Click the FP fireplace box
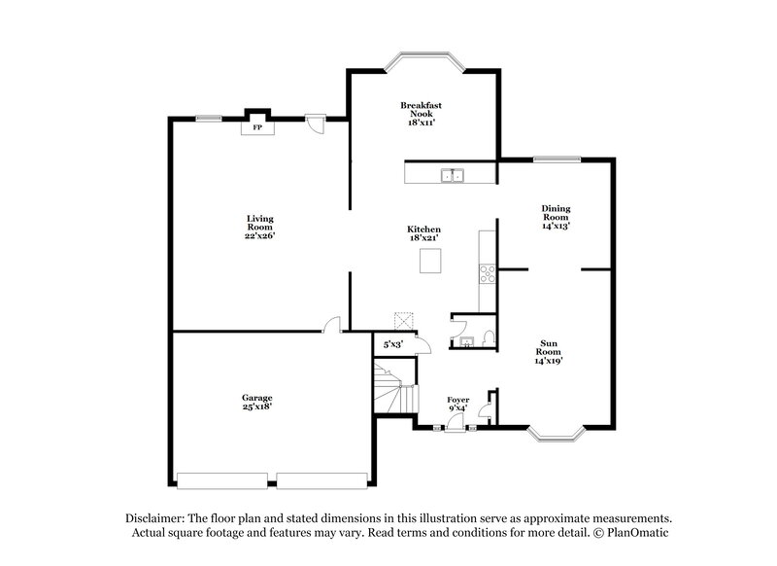click(257, 127)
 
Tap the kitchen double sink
click(452, 176)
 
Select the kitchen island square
click(430, 261)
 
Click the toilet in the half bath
click(488, 338)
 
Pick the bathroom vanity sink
click(466, 340)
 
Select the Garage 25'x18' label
click(256, 402)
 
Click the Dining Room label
click(556, 216)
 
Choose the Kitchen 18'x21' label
click(423, 233)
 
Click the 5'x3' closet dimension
click(393, 343)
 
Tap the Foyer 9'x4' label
click(457, 404)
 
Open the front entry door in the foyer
click(456, 421)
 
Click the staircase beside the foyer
click(394, 389)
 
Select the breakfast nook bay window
click(424, 60)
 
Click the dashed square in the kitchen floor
click(404, 321)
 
